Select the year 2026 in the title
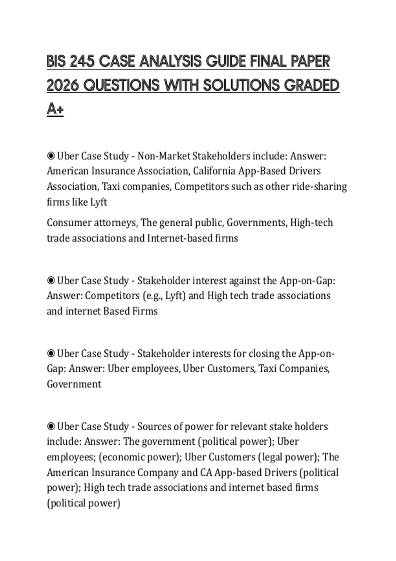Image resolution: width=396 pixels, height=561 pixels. (63, 85)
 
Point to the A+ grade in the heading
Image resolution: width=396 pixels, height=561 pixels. (55, 109)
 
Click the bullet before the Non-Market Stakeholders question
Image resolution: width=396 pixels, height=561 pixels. (51, 156)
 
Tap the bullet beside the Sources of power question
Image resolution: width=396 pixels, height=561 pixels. (51, 427)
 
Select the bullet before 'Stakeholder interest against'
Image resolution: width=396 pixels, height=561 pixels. (51, 281)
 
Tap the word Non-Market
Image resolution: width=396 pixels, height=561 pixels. (164, 156)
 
